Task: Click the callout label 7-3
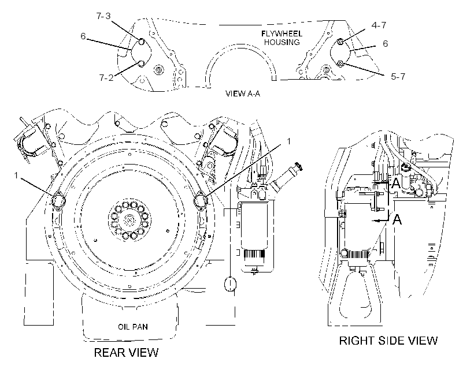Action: [103, 16]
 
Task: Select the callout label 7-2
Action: [106, 77]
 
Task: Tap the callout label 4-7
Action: [379, 25]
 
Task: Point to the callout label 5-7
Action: [398, 76]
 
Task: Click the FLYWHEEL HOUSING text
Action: [282, 38]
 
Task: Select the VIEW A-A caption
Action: [242, 94]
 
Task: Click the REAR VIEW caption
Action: [126, 352]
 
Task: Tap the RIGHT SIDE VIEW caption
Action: [388, 341]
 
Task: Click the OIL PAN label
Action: [133, 327]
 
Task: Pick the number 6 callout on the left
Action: [83, 36]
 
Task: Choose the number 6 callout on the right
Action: [385, 43]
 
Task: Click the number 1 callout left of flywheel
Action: [16, 175]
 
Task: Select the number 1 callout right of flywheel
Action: [288, 141]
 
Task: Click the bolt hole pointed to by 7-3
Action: [141, 42]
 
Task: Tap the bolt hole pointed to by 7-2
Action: [141, 64]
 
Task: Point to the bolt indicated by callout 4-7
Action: [340, 42]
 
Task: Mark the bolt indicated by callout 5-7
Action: [340, 64]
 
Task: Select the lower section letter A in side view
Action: [397, 219]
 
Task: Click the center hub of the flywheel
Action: [129, 219]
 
